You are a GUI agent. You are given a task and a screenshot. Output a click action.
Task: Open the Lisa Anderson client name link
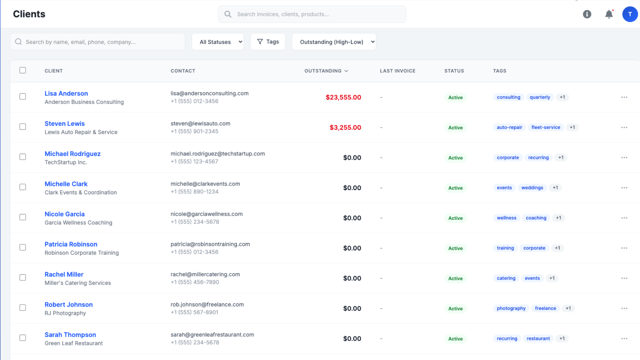66,93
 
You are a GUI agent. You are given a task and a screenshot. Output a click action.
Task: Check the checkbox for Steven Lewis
23,127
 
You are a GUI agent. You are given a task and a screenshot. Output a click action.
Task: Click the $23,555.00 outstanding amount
343,97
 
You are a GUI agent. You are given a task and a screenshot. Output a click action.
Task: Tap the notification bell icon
609,14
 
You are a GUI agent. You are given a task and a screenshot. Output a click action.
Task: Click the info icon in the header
587,14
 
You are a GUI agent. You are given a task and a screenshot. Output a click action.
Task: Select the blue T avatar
630,14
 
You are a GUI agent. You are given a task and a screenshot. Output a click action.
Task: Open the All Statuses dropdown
218,42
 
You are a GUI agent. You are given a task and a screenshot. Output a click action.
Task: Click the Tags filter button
268,42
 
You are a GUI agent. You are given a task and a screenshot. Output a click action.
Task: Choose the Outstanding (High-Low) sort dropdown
334,42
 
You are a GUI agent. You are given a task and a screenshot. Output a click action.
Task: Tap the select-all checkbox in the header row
23,70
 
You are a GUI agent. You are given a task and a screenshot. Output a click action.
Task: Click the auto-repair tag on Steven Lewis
509,127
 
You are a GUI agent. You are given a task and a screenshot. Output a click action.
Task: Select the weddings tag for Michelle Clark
532,188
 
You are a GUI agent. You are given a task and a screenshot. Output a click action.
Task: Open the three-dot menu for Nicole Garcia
624,218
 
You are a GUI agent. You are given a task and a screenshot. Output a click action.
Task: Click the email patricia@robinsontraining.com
210,244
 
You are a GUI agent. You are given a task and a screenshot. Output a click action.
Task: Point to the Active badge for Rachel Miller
455,278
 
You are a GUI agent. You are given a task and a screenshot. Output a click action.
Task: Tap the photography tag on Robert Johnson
511,308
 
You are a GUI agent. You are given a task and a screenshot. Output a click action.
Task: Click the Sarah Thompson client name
70,335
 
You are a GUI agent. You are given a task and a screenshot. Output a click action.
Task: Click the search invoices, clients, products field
312,14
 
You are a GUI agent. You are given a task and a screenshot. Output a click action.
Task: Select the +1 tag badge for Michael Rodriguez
561,158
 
